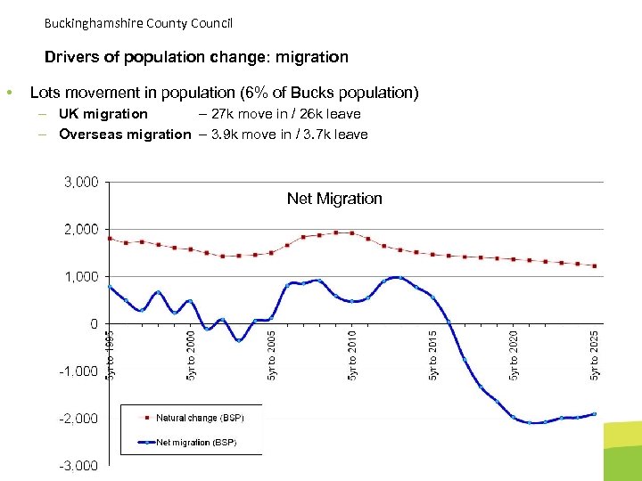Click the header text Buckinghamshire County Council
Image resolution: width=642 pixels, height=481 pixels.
click(137, 22)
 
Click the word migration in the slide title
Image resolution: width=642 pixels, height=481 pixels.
click(312, 57)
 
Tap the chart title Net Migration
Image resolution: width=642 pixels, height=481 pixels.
click(334, 199)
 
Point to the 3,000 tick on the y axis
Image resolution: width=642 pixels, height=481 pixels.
click(80, 183)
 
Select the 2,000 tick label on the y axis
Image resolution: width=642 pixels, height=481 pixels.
click(80, 230)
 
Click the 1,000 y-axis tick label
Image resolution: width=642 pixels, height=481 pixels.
click(80, 277)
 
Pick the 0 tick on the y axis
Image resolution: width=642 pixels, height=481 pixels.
click(94, 324)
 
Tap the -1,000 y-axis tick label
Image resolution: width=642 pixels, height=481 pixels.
click(78, 371)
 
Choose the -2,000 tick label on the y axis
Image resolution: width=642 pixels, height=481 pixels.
click(78, 419)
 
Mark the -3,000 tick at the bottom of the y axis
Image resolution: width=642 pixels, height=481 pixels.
click(78, 466)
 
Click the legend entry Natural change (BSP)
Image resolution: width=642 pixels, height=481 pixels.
click(200, 418)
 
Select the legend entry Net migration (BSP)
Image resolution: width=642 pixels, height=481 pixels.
click(196, 443)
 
